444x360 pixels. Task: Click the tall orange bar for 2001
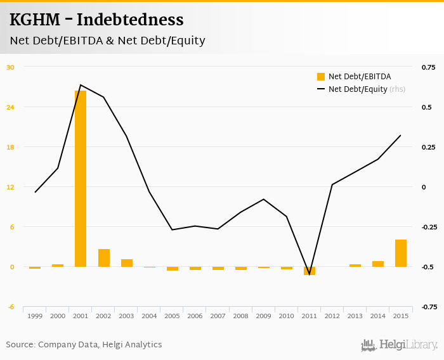81,179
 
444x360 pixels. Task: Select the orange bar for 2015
401,253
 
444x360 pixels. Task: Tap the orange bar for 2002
103,258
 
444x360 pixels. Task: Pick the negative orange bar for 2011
310,271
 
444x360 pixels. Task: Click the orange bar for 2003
127,263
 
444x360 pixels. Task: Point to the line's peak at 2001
81,85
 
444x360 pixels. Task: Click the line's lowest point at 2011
310,274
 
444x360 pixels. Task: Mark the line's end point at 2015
401,135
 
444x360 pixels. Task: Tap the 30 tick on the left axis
10,67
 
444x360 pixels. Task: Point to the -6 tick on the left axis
10,307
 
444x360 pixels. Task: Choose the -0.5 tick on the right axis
428,267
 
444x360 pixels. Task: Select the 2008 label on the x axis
241,316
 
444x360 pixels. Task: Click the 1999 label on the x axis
35,316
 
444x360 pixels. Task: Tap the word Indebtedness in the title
130,20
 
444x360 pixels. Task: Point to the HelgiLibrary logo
399,345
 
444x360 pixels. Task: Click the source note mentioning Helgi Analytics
84,345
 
